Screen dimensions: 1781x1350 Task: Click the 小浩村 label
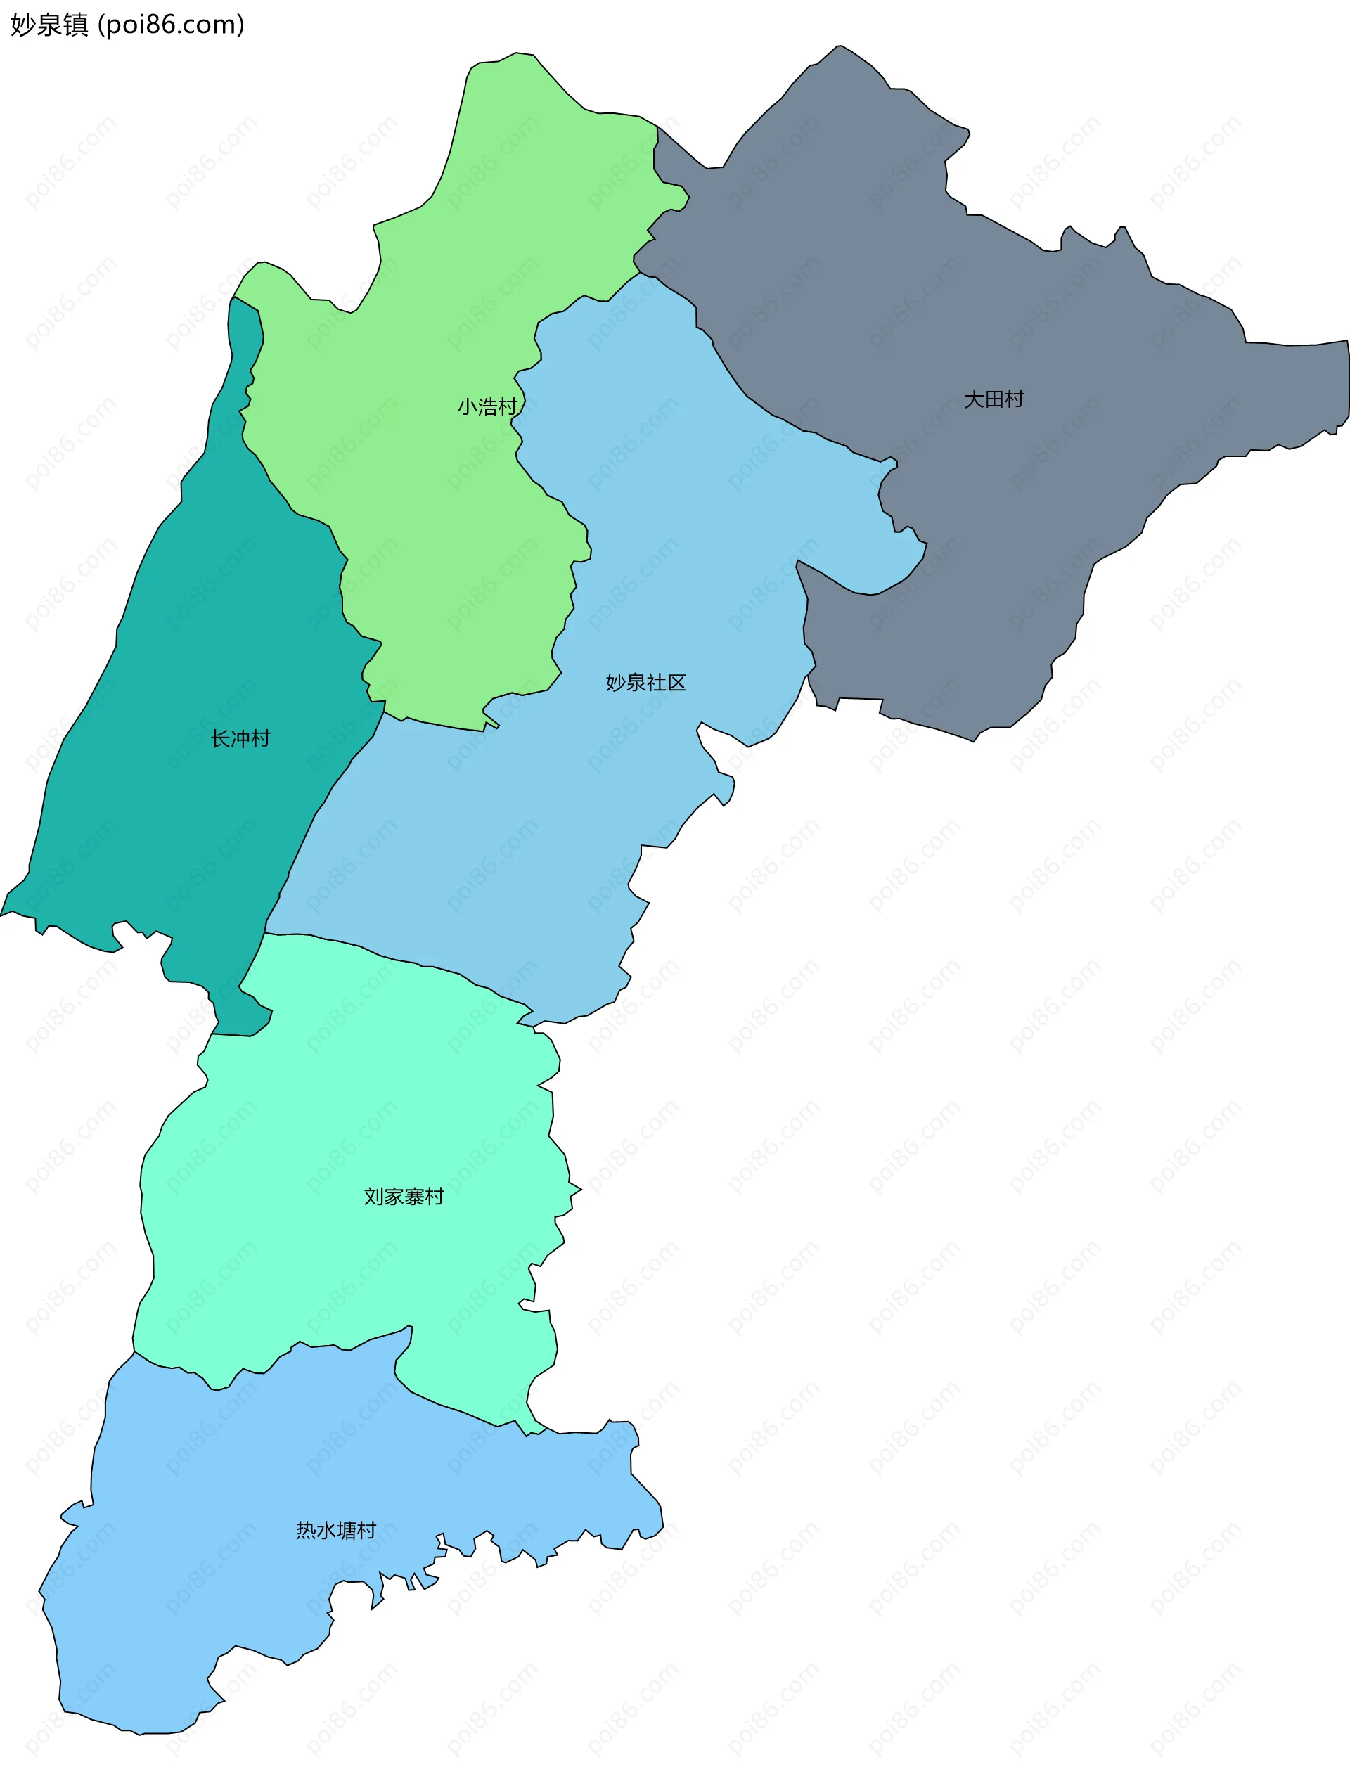click(x=487, y=406)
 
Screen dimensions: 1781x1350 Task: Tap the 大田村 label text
click(x=994, y=399)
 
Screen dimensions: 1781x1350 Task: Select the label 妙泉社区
click(x=645, y=683)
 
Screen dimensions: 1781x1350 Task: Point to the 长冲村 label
click(x=240, y=738)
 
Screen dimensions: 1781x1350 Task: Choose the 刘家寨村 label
click(x=404, y=1197)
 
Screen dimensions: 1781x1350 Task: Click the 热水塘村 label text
click(x=335, y=1530)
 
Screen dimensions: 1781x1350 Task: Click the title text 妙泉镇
click(x=49, y=25)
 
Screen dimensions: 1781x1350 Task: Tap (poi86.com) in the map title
click(x=171, y=25)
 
